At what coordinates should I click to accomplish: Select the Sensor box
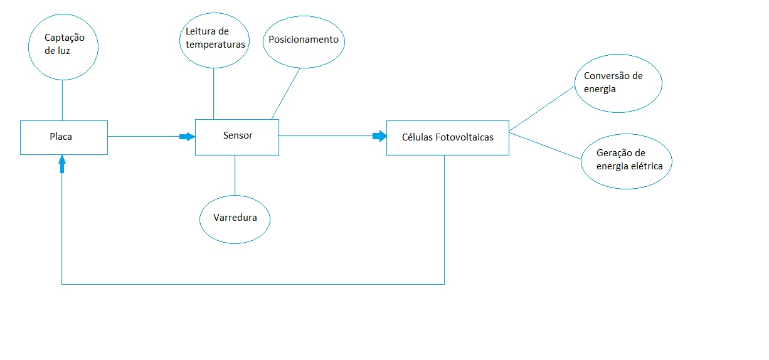click(236, 136)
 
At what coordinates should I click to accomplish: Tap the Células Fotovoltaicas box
click(447, 137)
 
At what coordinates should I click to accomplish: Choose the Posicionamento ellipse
click(304, 40)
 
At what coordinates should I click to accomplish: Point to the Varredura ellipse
click(235, 220)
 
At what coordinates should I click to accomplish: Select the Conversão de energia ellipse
click(618, 82)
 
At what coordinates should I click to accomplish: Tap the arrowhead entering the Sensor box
click(187, 136)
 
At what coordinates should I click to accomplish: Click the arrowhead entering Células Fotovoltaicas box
click(379, 136)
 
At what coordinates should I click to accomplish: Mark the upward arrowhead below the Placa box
click(61, 165)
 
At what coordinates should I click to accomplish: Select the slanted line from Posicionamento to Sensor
click(285, 93)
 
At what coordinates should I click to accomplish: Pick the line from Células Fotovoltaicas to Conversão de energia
click(543, 109)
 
